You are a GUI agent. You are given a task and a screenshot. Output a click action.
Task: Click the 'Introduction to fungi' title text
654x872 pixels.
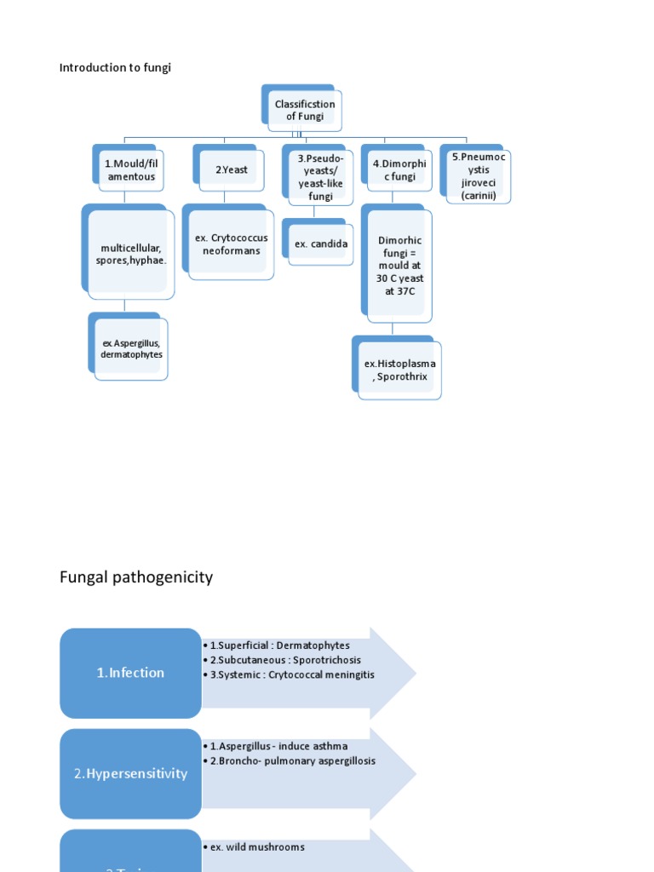[x=115, y=68]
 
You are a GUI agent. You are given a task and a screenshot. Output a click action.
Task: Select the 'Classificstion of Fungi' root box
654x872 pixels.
[x=304, y=110]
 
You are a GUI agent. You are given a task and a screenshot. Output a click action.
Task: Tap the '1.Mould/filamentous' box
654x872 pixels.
[x=130, y=169]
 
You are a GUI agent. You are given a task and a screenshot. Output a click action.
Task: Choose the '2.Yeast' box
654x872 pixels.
[x=231, y=169]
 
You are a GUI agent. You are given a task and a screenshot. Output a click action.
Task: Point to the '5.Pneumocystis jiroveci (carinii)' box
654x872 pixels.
[x=478, y=176]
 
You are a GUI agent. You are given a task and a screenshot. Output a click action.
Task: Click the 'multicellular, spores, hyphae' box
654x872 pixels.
[x=131, y=254]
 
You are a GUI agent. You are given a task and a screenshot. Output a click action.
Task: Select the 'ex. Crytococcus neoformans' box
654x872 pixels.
[x=231, y=244]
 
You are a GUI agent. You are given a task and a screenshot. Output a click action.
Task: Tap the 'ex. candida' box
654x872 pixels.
[x=321, y=244]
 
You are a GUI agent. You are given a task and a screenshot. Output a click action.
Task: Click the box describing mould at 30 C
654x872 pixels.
[x=399, y=265]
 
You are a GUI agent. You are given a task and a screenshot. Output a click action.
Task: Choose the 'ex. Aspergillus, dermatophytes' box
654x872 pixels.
[x=131, y=348]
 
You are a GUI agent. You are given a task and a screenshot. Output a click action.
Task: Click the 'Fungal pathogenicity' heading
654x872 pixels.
[x=136, y=577]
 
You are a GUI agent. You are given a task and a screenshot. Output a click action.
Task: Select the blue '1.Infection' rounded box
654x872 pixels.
[x=130, y=673]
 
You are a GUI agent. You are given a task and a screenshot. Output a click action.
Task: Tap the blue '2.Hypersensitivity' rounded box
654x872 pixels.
[x=130, y=774]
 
